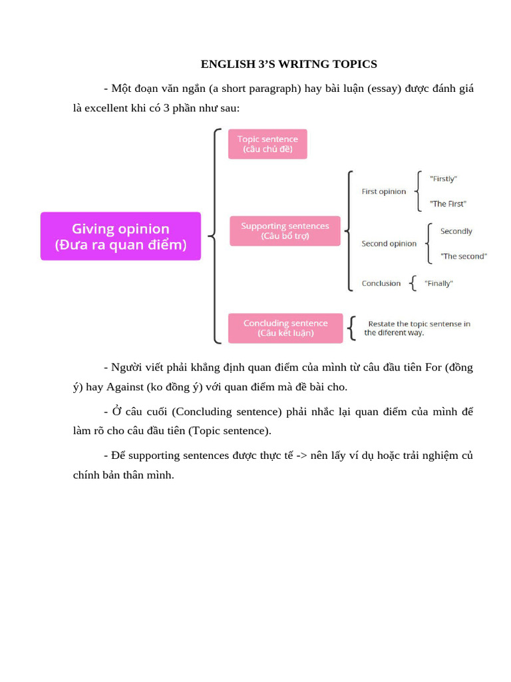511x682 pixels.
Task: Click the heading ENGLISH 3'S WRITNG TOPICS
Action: pos(289,65)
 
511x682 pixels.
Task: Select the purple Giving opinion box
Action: pos(120,236)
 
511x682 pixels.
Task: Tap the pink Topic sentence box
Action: pos(267,144)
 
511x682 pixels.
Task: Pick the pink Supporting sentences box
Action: pos(285,231)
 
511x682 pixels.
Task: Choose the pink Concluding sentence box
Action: pos(285,328)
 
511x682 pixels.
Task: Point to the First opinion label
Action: pos(383,192)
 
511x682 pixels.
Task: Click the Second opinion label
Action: pos(389,244)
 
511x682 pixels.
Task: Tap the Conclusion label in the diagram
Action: pos(381,284)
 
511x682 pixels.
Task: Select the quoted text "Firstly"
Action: pos(443,179)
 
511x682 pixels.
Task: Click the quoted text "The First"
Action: pos(448,204)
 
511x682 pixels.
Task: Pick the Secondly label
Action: pos(456,232)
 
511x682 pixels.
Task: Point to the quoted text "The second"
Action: pos(463,256)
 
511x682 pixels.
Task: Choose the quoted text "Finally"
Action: pos(438,284)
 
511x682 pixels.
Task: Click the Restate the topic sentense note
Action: pos(419,328)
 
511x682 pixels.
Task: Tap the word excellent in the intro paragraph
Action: pos(106,108)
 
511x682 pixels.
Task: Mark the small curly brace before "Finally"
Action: pos(414,284)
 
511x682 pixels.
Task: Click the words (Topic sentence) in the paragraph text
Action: pos(230,431)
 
